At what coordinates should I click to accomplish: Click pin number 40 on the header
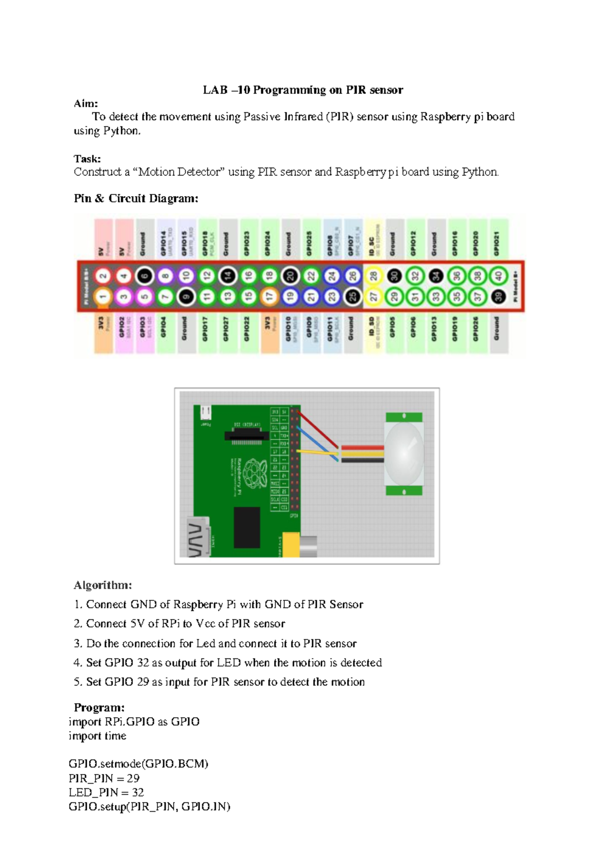(x=497, y=276)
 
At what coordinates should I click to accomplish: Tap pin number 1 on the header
(x=103, y=297)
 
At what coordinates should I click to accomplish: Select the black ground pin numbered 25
(x=352, y=297)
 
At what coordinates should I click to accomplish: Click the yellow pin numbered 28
(x=373, y=276)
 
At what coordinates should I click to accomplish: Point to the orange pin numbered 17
(x=269, y=297)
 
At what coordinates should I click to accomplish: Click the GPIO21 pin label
(x=497, y=241)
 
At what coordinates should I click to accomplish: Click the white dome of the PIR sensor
(x=404, y=453)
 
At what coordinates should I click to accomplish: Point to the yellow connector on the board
(x=291, y=545)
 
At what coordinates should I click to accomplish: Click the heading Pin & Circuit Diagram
(x=136, y=199)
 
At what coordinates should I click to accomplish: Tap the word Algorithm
(x=103, y=585)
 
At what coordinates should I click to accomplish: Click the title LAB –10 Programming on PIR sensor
(x=303, y=90)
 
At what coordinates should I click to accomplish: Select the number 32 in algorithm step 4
(x=143, y=663)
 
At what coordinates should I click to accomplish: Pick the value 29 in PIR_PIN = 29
(x=133, y=778)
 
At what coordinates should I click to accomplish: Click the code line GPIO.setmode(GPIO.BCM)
(x=139, y=764)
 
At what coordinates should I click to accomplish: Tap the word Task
(x=87, y=159)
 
